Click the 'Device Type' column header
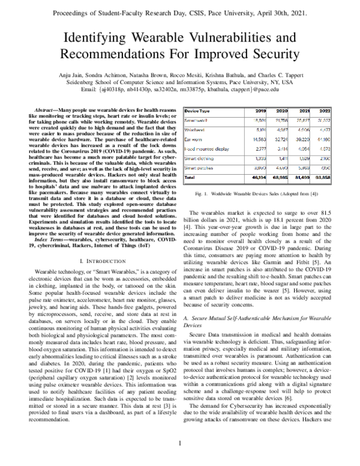(197, 112)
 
